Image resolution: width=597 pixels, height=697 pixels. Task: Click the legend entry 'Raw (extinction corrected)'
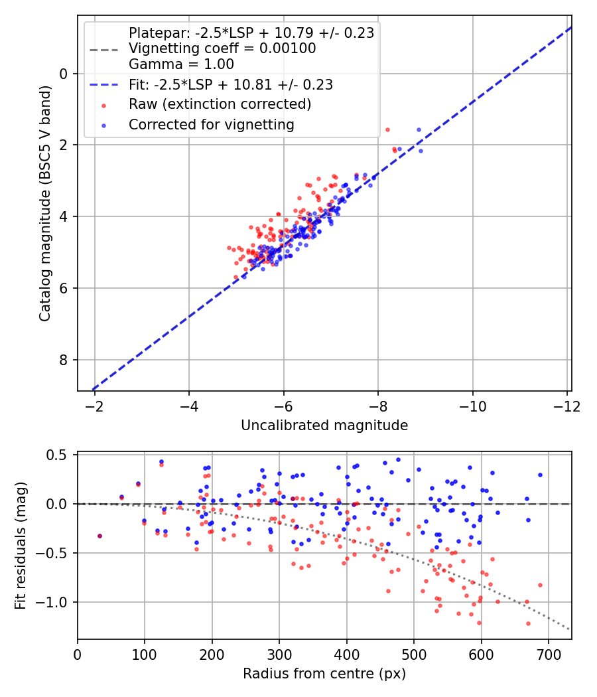coord(220,104)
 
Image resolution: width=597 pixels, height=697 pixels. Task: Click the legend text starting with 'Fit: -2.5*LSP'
coord(230,84)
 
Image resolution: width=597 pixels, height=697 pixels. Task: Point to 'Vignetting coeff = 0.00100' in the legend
coord(222,48)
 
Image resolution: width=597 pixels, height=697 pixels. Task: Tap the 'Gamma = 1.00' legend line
coord(181,64)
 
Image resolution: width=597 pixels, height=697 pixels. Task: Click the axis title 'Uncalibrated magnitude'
coord(324,425)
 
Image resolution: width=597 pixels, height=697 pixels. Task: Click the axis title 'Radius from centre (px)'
coord(324,674)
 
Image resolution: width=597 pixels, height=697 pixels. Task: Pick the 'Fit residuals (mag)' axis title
coord(21,545)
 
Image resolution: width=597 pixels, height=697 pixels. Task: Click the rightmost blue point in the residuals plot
coord(540,475)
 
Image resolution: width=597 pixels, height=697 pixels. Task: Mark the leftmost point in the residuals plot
coord(99,536)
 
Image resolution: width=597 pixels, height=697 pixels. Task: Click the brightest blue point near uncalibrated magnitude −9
coord(419,130)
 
